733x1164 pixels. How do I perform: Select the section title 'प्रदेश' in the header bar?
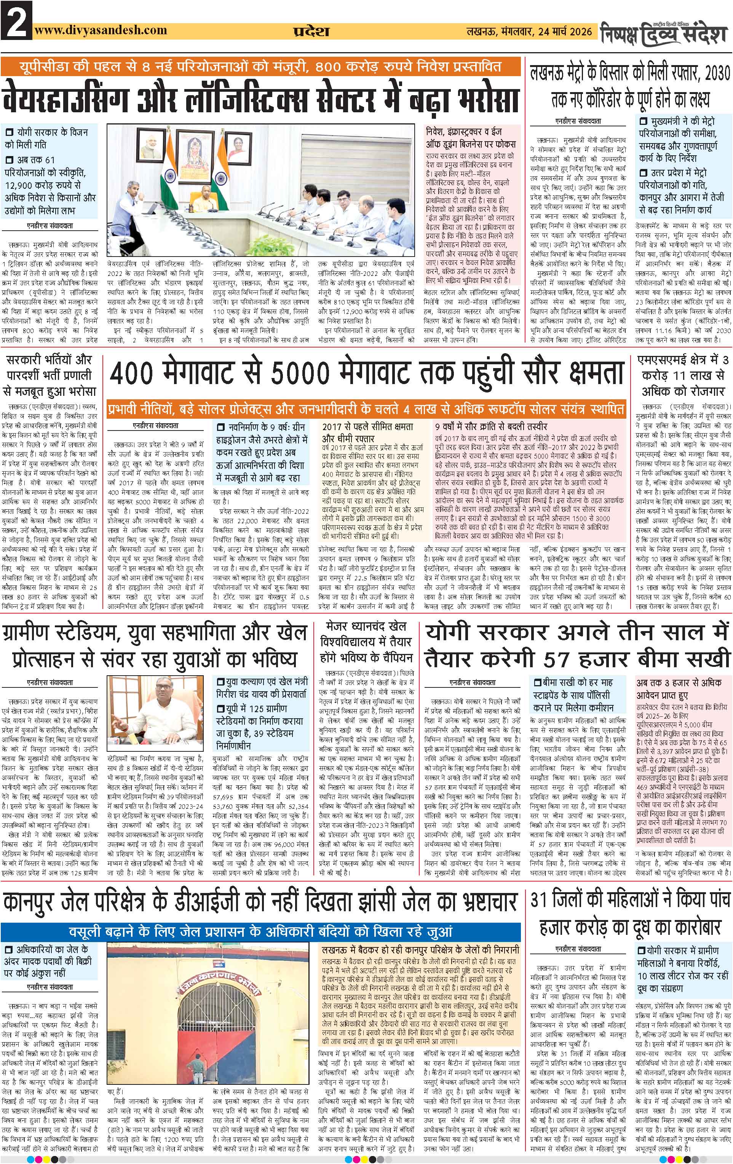point(312,32)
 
